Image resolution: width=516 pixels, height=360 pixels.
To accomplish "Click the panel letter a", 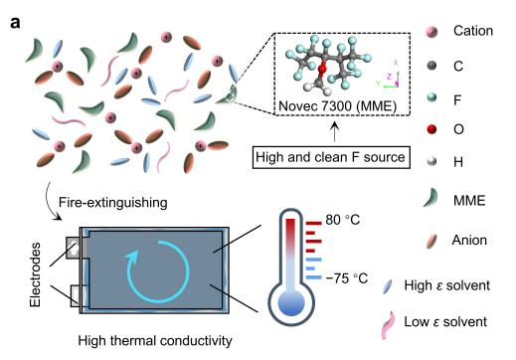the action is [15, 24].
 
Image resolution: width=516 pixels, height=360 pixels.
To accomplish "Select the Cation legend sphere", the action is [431, 32].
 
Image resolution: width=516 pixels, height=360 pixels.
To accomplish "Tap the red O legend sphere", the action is [431, 129].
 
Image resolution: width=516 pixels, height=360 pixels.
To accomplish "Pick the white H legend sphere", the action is [431, 162].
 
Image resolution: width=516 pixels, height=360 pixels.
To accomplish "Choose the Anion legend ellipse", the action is [431, 241].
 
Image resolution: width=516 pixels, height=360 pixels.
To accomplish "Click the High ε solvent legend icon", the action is [388, 286].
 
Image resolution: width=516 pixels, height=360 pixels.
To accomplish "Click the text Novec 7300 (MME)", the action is [337, 106].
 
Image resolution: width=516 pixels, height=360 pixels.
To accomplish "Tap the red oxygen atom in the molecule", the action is [322, 69].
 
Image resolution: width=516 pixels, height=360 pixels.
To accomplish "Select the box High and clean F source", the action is [331, 157].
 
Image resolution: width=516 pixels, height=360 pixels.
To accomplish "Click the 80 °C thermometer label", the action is [342, 220].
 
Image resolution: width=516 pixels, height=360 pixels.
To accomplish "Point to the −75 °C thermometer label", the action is [347, 278].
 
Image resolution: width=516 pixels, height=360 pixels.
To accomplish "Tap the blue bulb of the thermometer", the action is [291, 302].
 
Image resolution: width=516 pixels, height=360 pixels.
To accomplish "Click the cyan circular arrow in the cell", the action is [156, 271].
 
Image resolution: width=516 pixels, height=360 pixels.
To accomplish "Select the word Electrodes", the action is [35, 274].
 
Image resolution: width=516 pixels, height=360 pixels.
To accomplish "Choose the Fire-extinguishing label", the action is [113, 202].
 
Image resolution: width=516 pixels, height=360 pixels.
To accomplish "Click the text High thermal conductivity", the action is [155, 341].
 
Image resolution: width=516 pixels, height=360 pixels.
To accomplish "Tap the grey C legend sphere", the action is [431, 66].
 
